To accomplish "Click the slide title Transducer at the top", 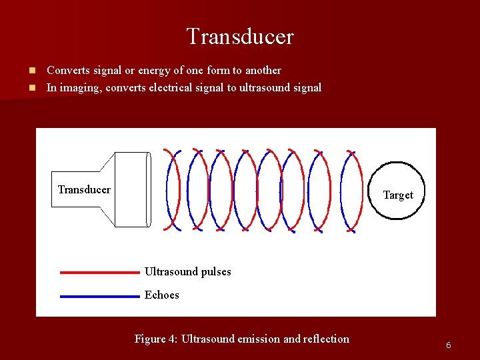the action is (x=240, y=37).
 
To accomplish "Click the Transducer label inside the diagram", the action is (x=84, y=190).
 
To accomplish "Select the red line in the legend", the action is (x=99, y=272).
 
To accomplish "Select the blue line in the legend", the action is (x=99, y=296).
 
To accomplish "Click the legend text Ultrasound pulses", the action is (x=187, y=272).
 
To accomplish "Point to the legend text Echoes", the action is (x=162, y=295).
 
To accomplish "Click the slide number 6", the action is (x=449, y=345).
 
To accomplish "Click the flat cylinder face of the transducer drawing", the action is (x=149, y=190).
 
